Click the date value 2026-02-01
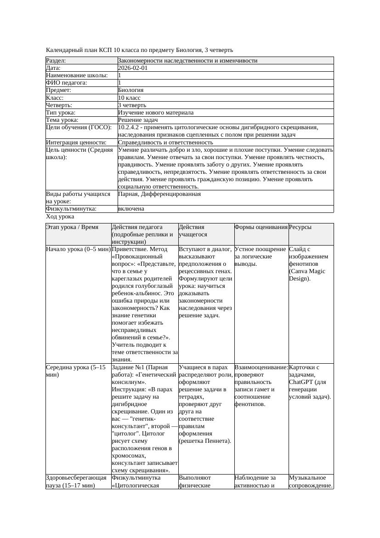pyautogui.click(x=133, y=68)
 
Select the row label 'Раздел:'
pyautogui.click(x=56, y=61)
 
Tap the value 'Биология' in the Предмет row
pyautogui.click(x=131, y=90)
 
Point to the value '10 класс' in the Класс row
pyautogui.click(x=129, y=98)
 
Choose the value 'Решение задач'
pyautogui.click(x=138, y=120)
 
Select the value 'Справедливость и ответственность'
pyautogui.click(x=165, y=143)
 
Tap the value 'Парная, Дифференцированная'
pyautogui.click(x=159, y=194)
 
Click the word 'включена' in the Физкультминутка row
pyautogui.click(x=131, y=209)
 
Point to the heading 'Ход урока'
pyautogui.click(x=60, y=216)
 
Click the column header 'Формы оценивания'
pyautogui.click(x=261, y=227)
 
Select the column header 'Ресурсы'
pyautogui.click(x=300, y=227)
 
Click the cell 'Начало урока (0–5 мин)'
pyautogui.click(x=78, y=249)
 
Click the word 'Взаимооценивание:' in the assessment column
pyautogui.click(x=261, y=367)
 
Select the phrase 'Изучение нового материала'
pyautogui.click(x=156, y=113)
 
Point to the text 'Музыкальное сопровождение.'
pyautogui.click(x=311, y=481)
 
